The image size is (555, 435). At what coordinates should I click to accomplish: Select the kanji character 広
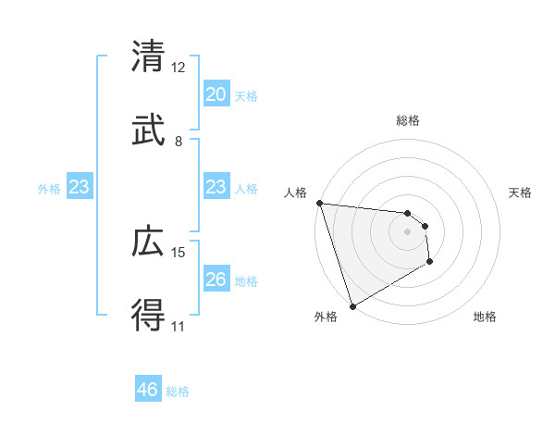click(148, 242)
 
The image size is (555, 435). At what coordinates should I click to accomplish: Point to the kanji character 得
click(148, 317)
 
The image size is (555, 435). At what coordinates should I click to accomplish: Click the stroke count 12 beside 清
click(178, 68)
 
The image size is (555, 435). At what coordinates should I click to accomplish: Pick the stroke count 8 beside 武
click(178, 142)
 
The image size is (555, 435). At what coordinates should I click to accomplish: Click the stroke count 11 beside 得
click(178, 327)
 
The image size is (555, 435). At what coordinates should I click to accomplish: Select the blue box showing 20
click(216, 94)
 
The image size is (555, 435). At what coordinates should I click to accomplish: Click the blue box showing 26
click(216, 280)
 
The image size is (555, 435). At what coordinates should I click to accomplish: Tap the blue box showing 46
click(148, 390)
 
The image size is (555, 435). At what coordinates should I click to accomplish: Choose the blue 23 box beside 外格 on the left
click(80, 187)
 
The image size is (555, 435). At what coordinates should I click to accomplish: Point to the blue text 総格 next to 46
click(178, 391)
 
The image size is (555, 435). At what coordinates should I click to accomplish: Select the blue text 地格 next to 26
click(246, 281)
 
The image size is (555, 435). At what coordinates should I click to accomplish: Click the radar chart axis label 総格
click(408, 120)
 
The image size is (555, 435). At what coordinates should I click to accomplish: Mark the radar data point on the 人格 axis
click(319, 203)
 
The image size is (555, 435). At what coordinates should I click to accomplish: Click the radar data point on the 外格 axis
click(352, 305)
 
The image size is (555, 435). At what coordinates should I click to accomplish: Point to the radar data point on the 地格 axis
click(430, 263)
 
